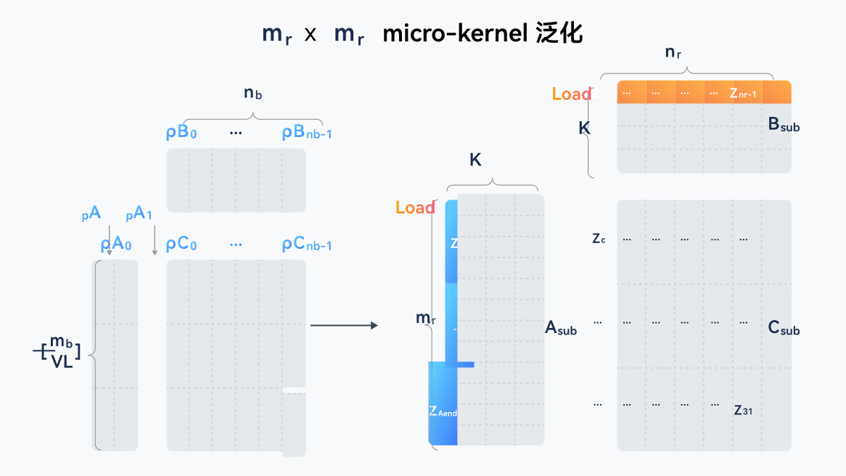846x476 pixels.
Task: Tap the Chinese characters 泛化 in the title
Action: point(559,34)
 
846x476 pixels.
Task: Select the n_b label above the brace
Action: point(252,93)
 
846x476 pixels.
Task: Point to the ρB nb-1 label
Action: point(307,134)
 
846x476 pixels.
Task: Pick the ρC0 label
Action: point(181,245)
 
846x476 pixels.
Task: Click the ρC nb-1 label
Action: point(307,245)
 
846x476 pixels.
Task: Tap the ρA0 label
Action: point(116,245)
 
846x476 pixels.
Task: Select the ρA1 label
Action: point(139,214)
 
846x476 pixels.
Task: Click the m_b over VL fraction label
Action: point(61,353)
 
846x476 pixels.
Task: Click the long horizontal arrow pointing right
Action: point(344,325)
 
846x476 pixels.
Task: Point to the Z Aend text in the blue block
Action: point(443,412)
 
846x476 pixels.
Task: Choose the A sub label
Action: point(561,329)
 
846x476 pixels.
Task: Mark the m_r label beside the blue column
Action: point(425,319)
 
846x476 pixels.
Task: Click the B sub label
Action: point(784,125)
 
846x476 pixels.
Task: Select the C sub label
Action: point(784,329)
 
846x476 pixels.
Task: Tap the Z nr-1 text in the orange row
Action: point(743,94)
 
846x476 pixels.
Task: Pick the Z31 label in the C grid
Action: point(742,410)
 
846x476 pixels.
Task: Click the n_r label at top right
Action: point(673,52)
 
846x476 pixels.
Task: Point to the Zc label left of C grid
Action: point(599,238)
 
